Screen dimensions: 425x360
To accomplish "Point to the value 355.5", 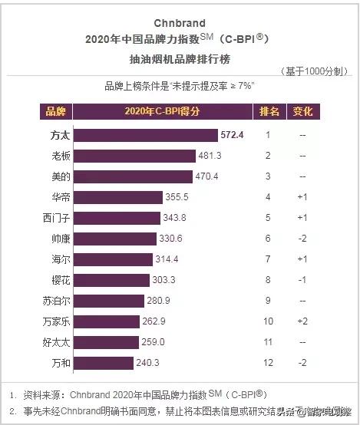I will [x=177, y=197].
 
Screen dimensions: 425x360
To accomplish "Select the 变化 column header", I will [x=302, y=112].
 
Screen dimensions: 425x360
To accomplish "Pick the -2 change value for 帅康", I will [x=302, y=239].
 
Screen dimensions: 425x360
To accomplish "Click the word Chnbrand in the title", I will [x=180, y=23].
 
